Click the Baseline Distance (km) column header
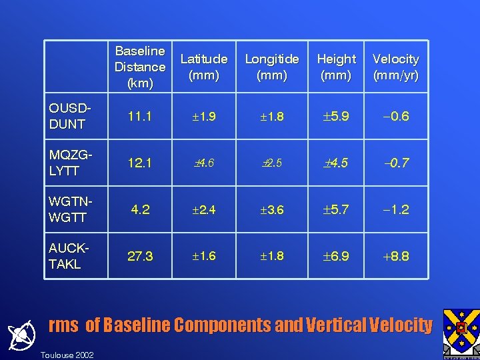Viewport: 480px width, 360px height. click(x=140, y=67)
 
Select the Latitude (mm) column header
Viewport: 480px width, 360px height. click(x=204, y=67)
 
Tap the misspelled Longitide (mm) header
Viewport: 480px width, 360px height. click(x=272, y=67)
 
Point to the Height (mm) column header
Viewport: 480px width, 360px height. click(x=336, y=67)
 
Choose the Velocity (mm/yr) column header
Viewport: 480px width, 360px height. click(x=396, y=67)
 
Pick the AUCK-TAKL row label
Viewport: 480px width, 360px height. click(x=68, y=257)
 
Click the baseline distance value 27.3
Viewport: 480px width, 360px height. click(x=140, y=257)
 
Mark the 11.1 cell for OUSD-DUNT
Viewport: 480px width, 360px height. click(x=140, y=117)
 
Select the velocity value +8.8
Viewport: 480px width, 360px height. click(x=395, y=257)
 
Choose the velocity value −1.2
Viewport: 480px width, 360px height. click(x=395, y=210)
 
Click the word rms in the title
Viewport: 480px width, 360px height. click(x=63, y=325)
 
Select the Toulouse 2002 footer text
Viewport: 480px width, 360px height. click(x=67, y=354)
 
